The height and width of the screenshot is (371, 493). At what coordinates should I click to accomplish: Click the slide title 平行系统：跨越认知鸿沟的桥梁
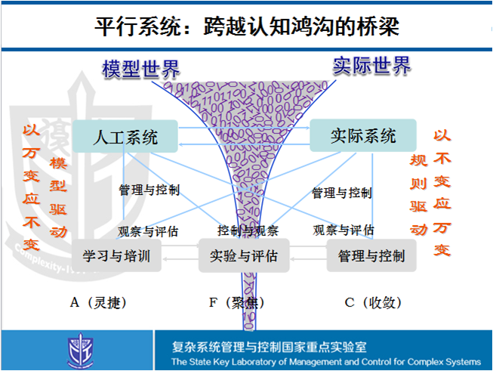pos(246,26)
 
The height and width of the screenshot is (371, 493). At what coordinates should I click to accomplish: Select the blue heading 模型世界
pos(141,69)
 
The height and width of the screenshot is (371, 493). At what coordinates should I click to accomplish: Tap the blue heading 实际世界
pos(371,66)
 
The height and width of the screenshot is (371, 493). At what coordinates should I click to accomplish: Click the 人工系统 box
pos(125,138)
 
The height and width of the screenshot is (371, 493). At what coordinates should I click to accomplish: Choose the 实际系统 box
pos(363,136)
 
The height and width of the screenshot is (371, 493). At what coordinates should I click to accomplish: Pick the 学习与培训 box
pos(116,255)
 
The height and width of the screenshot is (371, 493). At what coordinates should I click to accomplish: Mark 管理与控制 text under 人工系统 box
pos(149,190)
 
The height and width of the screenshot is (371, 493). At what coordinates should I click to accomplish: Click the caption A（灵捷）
pos(99,303)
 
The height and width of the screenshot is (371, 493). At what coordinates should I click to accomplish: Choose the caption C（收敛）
pos(373,303)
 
